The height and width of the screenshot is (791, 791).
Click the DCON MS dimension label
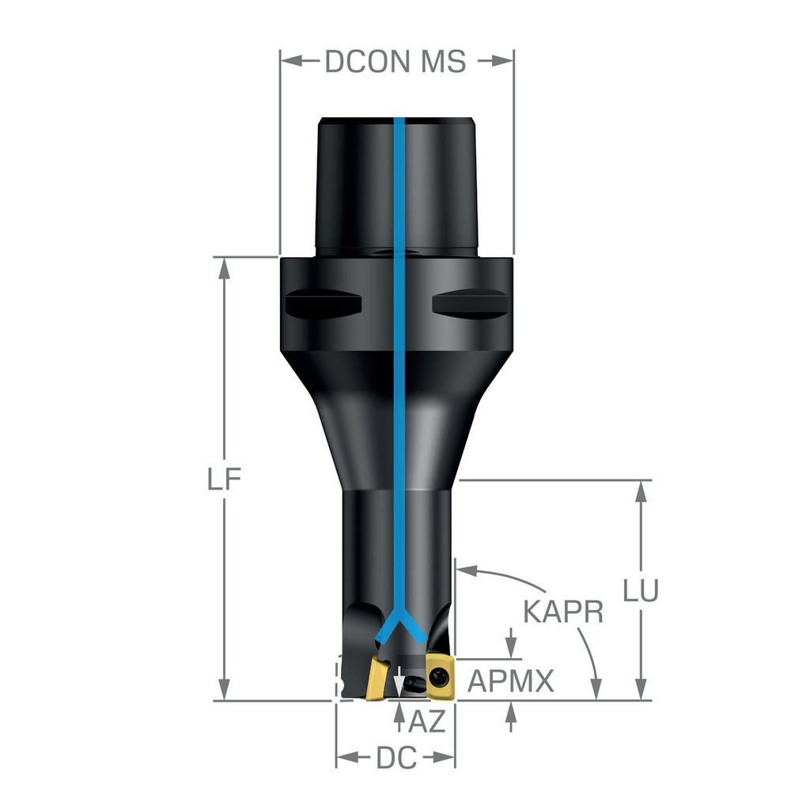(395, 61)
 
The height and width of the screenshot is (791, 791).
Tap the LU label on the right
(639, 592)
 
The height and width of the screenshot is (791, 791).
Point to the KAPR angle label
(563, 611)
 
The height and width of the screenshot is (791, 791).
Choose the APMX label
(511, 681)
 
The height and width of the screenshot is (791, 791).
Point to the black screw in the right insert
(439, 675)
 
